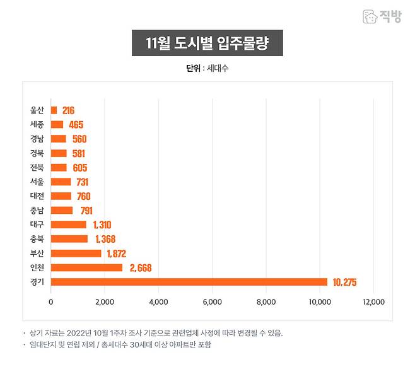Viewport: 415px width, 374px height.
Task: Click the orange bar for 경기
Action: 189,282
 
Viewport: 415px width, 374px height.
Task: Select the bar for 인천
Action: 86,268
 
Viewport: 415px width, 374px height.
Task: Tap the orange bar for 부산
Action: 76,254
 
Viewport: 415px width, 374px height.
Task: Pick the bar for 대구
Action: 68,225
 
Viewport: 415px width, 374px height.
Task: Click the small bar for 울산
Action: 54,110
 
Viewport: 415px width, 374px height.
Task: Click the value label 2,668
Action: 140,268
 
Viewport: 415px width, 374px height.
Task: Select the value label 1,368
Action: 105,239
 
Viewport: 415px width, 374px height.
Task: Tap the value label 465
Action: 76,124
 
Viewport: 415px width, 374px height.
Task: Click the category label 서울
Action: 37,182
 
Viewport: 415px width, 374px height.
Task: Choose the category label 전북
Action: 37,167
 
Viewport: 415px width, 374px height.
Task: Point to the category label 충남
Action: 37,210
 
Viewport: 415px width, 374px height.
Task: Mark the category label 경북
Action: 37,153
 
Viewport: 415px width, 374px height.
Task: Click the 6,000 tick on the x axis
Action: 213,302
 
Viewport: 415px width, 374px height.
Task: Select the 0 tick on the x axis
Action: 51,302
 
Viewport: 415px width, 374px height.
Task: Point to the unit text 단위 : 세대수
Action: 207,68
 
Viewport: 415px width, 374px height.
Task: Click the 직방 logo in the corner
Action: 382,16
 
